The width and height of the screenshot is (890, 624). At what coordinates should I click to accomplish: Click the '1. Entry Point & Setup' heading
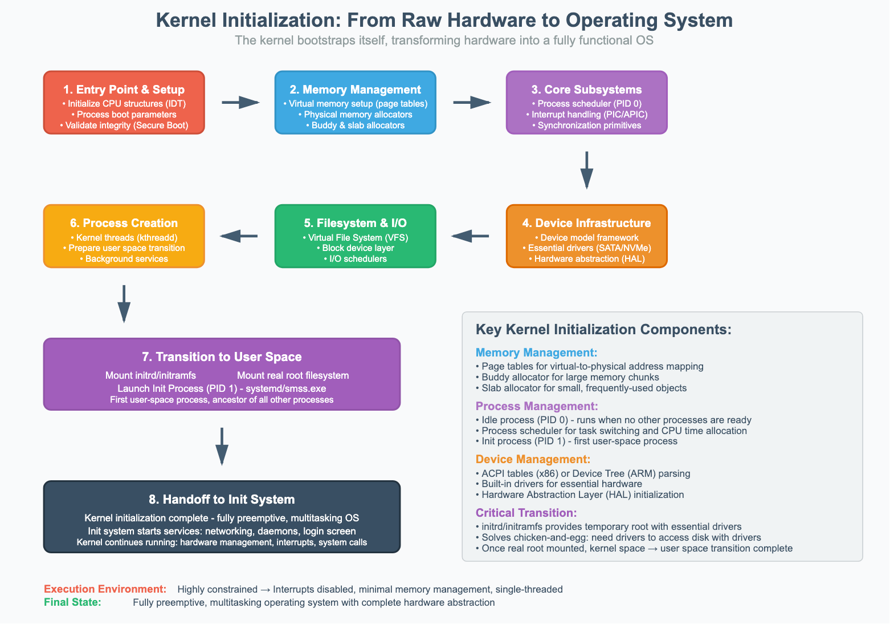click(x=124, y=90)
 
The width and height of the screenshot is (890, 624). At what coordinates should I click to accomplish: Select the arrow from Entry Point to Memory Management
click(x=240, y=103)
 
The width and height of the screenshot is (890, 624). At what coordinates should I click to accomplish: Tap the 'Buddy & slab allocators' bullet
click(x=355, y=125)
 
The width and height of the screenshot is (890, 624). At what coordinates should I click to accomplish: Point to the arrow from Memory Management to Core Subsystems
click(x=471, y=103)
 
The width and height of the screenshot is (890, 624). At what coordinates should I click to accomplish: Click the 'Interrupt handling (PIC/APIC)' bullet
click(x=586, y=115)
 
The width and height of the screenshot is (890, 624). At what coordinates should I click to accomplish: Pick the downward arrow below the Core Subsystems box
click(x=586, y=169)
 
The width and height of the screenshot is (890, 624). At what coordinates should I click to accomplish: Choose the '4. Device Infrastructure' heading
click(x=586, y=223)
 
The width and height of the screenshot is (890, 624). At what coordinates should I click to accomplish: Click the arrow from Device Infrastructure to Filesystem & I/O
click(x=471, y=236)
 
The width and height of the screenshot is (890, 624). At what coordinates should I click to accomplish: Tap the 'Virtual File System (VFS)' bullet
click(x=355, y=238)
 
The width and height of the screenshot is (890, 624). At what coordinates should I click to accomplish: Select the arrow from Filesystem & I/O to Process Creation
click(x=239, y=236)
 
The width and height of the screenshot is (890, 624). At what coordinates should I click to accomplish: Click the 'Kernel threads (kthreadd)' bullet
click(x=124, y=238)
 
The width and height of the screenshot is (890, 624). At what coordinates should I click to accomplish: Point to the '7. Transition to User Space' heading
click(x=222, y=357)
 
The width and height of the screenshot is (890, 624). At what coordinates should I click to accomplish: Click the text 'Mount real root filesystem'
click(x=293, y=375)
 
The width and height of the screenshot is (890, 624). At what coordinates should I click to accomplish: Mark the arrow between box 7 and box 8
click(x=222, y=446)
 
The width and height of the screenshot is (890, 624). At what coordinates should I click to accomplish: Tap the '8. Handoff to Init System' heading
click(x=222, y=500)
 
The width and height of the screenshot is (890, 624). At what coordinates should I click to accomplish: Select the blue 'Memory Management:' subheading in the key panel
click(x=536, y=353)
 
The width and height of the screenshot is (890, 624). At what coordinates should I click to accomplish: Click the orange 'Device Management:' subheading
click(x=533, y=460)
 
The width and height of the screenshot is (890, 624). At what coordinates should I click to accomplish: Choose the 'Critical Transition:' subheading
click(x=526, y=513)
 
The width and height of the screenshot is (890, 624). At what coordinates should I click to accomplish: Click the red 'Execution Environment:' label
click(x=105, y=589)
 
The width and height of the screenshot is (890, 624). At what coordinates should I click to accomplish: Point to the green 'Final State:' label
click(x=72, y=602)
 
